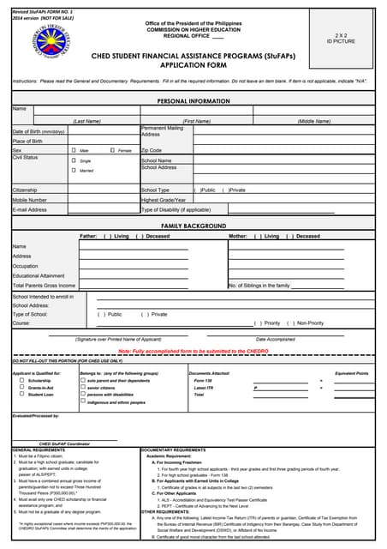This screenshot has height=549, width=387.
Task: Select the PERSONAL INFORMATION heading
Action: click(x=193, y=101)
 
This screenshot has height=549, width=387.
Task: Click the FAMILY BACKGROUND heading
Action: click(x=193, y=225)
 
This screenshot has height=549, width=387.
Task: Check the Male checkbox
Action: click(x=74, y=150)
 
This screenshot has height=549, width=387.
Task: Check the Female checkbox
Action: click(x=112, y=150)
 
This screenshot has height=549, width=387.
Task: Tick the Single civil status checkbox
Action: click(x=74, y=160)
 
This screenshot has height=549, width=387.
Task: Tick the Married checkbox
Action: click(x=74, y=171)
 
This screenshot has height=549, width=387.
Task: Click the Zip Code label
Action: click(x=152, y=150)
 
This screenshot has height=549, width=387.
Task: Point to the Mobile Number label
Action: click(x=30, y=200)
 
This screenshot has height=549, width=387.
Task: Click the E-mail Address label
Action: click(x=30, y=209)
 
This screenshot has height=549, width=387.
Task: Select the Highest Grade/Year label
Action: click(x=164, y=200)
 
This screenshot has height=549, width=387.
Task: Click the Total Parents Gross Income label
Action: click(x=44, y=285)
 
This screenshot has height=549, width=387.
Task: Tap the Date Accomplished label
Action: click(x=275, y=340)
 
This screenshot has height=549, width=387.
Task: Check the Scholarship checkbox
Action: click(x=22, y=381)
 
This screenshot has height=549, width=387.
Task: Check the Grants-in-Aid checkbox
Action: click(x=22, y=388)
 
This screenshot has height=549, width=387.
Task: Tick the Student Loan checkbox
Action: click(x=22, y=395)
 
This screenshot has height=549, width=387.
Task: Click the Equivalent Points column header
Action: click(x=351, y=374)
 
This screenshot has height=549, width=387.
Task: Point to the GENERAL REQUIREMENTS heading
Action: click(x=39, y=449)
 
